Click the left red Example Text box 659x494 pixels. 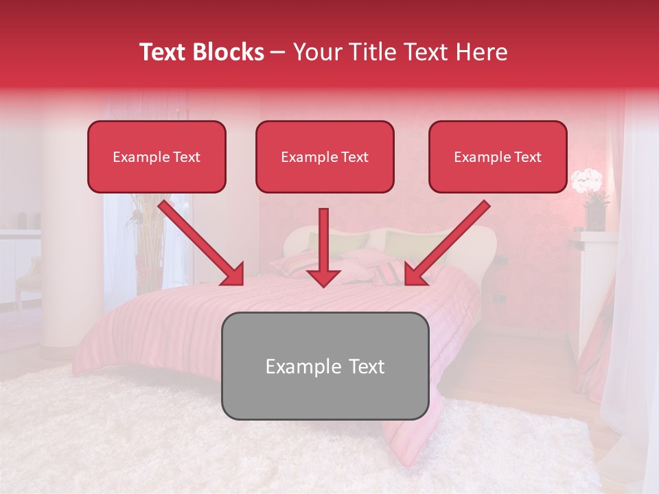point(157,157)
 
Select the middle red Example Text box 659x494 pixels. point(325,157)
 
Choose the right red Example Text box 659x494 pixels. point(498,157)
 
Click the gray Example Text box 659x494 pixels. point(325,366)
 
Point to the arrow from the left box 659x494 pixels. point(203,244)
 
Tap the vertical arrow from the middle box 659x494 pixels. point(323,247)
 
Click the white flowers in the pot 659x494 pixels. point(588,181)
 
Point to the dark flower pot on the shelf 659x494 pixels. point(594,217)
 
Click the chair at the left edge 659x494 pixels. point(27,278)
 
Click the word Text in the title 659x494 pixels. point(165,52)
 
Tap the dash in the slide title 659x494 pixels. point(278,52)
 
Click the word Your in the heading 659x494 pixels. point(315,52)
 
